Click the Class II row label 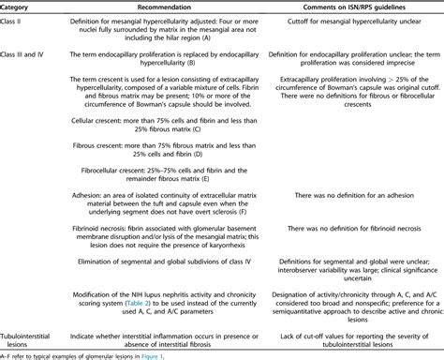coord(17,22)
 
